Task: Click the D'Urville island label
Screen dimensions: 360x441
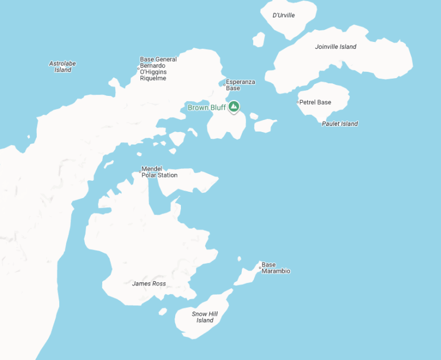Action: [284, 16]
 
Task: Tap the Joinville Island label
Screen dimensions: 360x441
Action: [335, 47]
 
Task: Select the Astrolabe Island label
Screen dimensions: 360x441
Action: [63, 67]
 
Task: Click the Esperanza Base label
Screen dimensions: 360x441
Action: [240, 85]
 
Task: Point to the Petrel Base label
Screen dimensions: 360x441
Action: [316, 102]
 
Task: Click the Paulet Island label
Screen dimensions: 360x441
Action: [340, 123]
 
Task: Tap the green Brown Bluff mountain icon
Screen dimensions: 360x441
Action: [234, 107]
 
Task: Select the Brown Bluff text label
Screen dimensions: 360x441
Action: [207, 108]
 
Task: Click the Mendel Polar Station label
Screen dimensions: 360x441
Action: [159, 172]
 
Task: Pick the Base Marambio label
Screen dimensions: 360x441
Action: [276, 268]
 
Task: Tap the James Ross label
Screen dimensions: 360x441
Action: [149, 284]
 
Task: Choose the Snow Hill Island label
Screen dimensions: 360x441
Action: [204, 317]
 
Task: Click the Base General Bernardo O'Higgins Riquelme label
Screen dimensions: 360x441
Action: [158, 69]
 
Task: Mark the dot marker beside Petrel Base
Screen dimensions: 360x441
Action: [298, 102]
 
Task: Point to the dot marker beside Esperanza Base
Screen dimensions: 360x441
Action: [225, 84]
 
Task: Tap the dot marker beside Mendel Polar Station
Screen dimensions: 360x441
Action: [140, 171]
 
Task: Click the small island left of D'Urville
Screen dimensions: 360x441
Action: [258, 40]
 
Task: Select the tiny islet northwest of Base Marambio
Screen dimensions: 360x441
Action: [239, 259]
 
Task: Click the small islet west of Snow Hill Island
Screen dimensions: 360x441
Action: [163, 312]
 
